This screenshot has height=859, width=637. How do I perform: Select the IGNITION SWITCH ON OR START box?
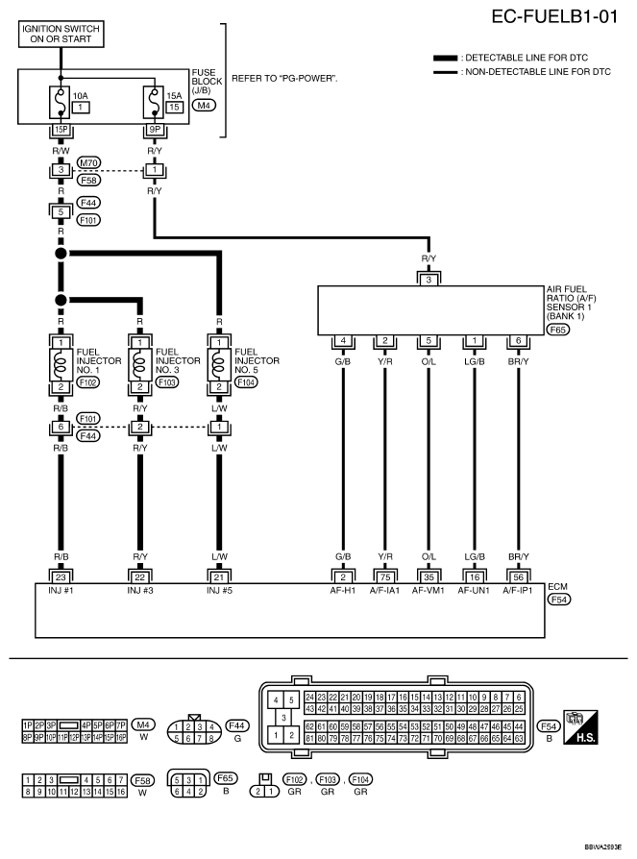pos(60,35)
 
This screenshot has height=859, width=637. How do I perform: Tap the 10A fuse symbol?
pos(60,100)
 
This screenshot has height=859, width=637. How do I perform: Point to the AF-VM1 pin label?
pos(429,590)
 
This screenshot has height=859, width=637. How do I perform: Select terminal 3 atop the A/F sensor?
pos(429,280)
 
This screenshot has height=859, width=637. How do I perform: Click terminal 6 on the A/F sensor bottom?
pos(518,339)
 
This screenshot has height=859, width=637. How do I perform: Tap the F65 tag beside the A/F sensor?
pos(558,330)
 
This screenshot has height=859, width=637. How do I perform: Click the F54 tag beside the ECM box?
pos(558,599)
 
